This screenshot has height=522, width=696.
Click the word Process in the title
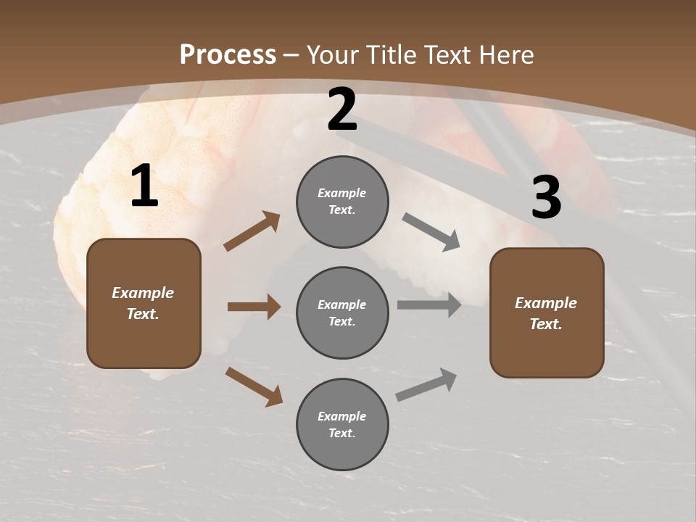(228, 55)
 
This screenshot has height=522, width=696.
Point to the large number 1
(144, 187)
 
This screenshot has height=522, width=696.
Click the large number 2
(342, 110)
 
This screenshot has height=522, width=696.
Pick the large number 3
(546, 197)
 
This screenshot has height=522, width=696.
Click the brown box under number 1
(144, 303)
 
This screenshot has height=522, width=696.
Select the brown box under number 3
(547, 312)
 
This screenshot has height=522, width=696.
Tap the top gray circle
(342, 202)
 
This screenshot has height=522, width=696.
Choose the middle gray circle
(342, 312)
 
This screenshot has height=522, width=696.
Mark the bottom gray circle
(342, 424)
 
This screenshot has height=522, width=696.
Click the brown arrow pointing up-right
(252, 231)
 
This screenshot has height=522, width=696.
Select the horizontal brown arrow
(254, 307)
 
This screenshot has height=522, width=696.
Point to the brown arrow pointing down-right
(254, 386)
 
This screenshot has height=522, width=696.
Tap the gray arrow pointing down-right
(431, 232)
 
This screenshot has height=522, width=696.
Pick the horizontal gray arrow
(429, 305)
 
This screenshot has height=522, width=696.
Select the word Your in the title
(334, 55)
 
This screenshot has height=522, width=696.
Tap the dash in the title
(291, 55)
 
